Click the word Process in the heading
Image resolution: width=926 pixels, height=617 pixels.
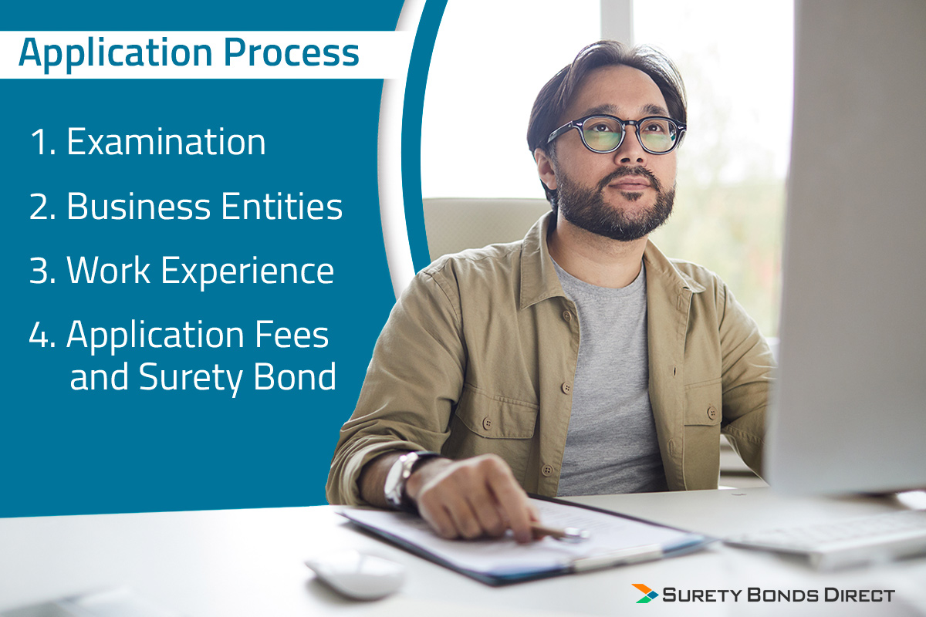pos(292,52)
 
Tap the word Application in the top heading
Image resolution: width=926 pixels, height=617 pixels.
pos(115,55)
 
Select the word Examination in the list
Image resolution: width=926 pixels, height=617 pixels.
pos(166,141)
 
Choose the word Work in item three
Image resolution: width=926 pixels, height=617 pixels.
pos(108,270)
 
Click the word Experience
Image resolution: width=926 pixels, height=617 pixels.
pos(247,273)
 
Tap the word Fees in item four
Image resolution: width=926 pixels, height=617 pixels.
pos(292,334)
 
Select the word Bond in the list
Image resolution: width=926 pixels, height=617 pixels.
pos(294,376)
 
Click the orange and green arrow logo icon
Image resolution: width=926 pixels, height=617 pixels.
pos(644,593)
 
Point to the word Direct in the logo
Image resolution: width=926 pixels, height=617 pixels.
pos(860,595)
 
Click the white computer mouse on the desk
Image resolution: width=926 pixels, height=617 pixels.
pos(356,574)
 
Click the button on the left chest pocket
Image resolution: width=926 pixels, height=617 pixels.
pos(488,423)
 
